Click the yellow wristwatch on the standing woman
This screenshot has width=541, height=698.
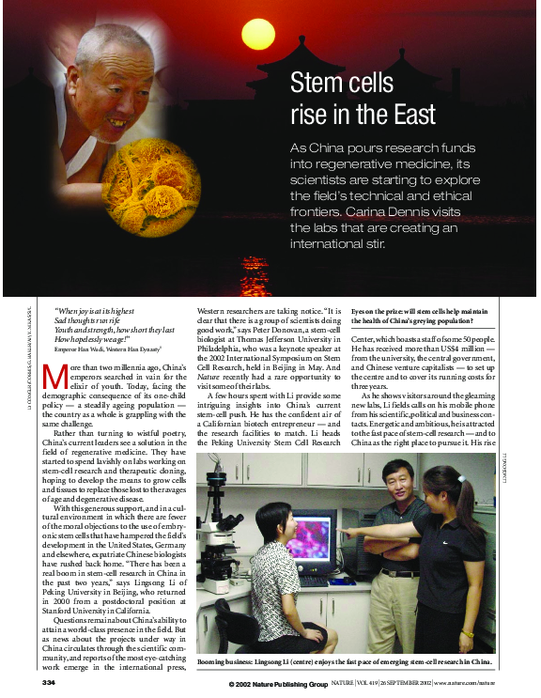[x=468, y=632]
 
